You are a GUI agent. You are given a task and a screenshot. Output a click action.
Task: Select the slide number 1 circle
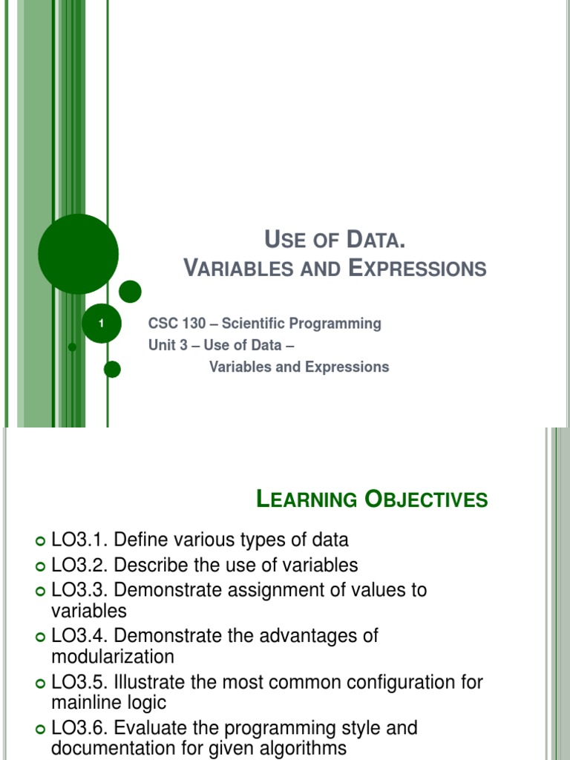pos(101,324)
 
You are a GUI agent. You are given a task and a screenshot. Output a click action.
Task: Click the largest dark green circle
pos(78,254)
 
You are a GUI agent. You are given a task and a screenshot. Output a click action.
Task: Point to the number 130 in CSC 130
pos(189,324)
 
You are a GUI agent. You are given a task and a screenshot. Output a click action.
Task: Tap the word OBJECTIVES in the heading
pos(426,499)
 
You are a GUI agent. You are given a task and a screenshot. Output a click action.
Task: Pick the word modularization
pos(113,657)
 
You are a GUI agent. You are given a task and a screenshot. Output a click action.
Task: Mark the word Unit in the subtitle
pos(162,345)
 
